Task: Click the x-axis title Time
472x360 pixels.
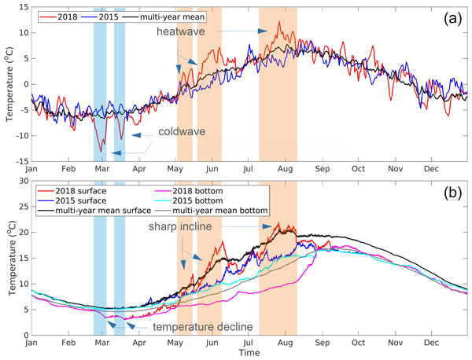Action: tap(249, 354)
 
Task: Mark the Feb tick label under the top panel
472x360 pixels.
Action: tap(68, 170)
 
